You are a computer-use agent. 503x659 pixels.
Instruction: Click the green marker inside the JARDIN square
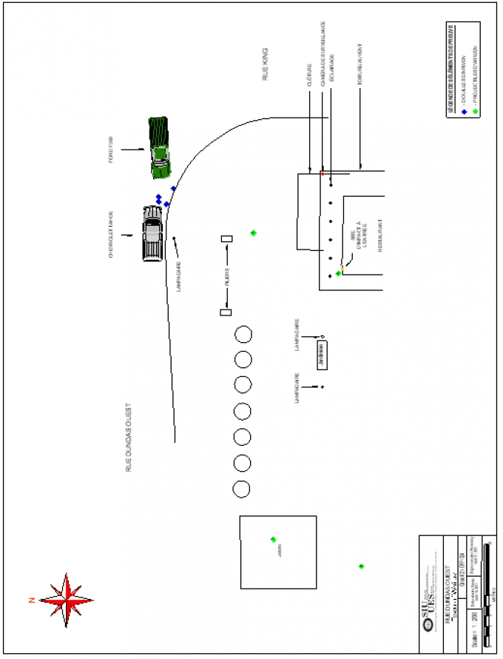point(273,539)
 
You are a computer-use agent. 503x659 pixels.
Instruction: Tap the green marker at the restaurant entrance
point(338,273)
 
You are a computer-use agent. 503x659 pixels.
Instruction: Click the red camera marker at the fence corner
point(323,173)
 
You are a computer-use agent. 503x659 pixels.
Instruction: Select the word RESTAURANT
point(380,236)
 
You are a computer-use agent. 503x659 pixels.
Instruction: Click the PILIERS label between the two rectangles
point(226,275)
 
